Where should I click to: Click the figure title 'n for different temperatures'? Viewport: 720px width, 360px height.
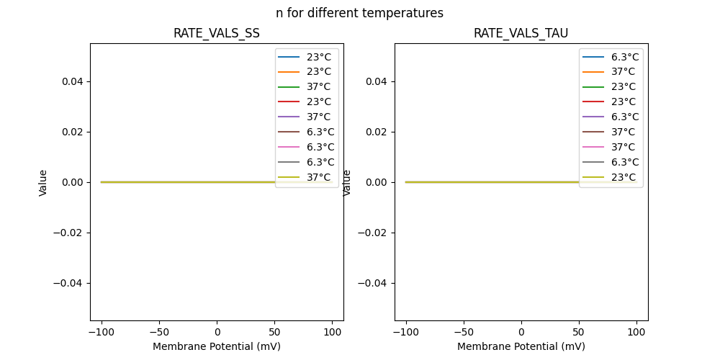(359, 13)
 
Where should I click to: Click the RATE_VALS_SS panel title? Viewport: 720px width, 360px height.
(216, 33)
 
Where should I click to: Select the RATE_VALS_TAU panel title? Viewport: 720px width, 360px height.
(521, 33)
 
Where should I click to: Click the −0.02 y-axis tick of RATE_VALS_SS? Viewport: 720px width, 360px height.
(69, 233)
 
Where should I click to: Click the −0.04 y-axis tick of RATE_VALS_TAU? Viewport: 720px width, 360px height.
(374, 283)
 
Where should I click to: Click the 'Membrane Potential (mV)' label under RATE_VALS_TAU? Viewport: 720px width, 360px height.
(521, 346)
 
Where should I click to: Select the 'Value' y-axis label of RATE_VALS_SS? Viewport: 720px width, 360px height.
(43, 182)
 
